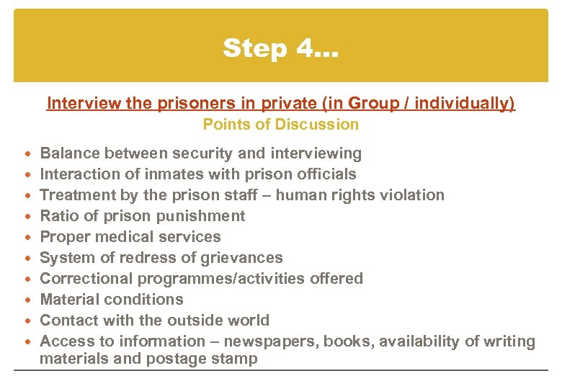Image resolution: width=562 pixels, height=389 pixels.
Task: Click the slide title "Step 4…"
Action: (x=281, y=48)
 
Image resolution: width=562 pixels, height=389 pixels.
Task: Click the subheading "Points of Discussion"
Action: (x=280, y=125)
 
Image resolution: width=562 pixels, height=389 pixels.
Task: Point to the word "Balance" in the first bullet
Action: (x=69, y=153)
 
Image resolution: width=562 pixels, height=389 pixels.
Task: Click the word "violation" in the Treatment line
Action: (x=412, y=195)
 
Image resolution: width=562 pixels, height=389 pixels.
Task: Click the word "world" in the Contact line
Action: (x=248, y=321)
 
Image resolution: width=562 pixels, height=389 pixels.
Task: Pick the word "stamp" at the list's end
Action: (x=236, y=359)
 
